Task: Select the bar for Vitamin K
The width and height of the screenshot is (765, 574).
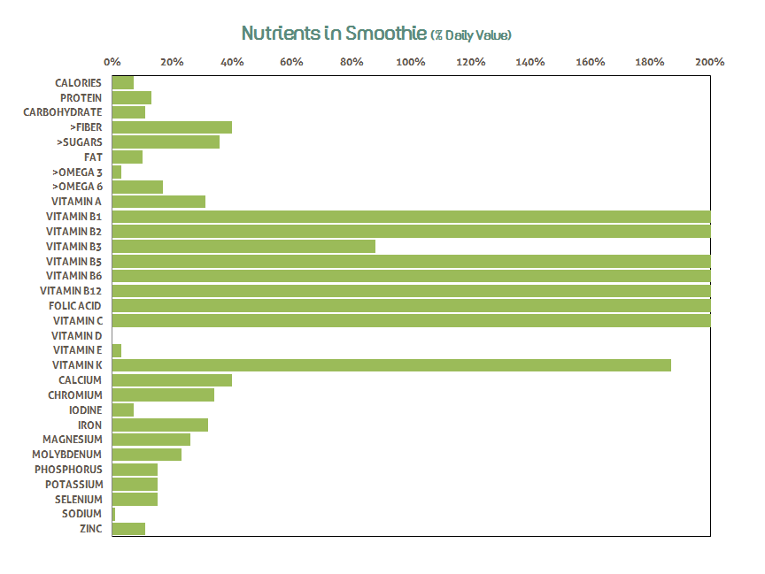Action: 391,365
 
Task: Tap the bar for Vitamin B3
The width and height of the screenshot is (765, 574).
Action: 243,246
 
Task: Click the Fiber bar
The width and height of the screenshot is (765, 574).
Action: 172,127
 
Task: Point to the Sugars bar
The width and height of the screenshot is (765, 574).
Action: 166,142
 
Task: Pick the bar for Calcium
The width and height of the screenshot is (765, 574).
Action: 172,380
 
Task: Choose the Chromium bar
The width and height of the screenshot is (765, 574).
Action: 163,395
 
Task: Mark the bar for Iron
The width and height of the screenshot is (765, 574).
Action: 160,425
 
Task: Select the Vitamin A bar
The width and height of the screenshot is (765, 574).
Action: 158,202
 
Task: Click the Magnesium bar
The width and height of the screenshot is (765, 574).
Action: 151,440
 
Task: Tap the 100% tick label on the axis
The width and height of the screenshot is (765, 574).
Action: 411,63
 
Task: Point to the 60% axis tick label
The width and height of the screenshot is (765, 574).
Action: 291,63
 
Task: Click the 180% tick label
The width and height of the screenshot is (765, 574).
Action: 650,63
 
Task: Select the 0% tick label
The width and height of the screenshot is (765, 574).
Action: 112,63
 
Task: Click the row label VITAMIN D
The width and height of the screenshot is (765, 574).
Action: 76,336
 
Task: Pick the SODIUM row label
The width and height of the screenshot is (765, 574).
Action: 81,514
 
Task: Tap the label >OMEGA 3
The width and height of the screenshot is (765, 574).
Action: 77,172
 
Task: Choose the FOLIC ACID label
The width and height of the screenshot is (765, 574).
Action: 75,306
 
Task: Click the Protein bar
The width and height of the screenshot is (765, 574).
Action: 132,97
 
